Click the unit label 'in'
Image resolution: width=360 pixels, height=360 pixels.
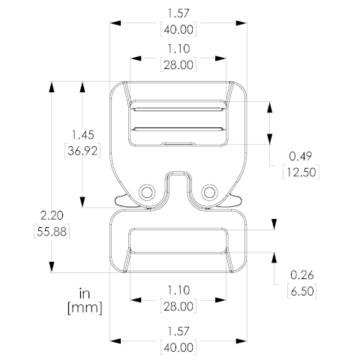pyautogui.click(x=84, y=292)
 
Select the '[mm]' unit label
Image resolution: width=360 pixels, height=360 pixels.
pyautogui.click(x=84, y=307)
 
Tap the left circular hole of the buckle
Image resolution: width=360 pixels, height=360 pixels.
pyautogui.click(x=145, y=193)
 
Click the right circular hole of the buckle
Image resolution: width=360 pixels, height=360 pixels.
pyautogui.click(x=208, y=193)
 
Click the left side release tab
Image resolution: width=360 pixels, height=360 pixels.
pyautogui.click(x=120, y=200)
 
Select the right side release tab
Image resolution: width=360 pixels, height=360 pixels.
pyautogui.click(x=234, y=200)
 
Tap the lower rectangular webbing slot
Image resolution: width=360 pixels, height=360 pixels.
pyautogui.click(x=177, y=241)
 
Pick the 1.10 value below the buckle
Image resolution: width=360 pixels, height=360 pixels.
pyautogui.click(x=177, y=290)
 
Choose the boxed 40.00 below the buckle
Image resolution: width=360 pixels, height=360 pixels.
pyautogui.click(x=177, y=347)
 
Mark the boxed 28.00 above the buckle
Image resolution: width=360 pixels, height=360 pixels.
pyautogui.click(x=177, y=64)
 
